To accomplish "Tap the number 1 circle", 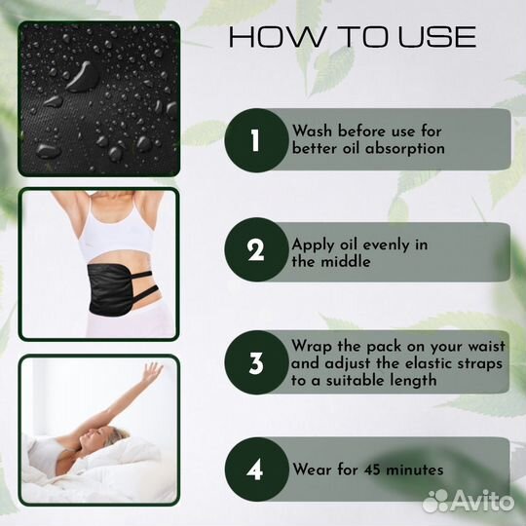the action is [256, 140].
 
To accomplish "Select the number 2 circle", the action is [256, 249].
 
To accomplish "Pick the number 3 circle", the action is [256, 362].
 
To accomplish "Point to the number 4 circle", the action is [256, 470].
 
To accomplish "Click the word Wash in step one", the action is [312, 131].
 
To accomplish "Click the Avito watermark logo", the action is [468, 502].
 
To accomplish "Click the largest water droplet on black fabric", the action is [83, 77].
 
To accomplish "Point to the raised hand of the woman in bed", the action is [152, 372].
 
